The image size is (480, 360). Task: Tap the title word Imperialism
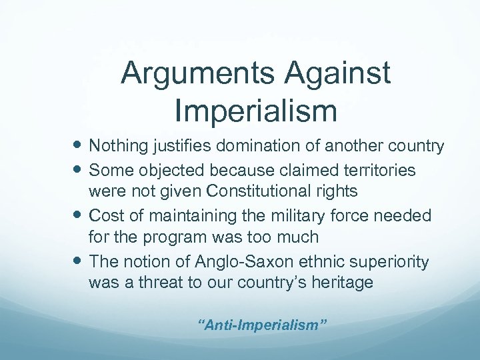click(256, 111)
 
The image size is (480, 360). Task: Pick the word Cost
click(105, 215)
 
